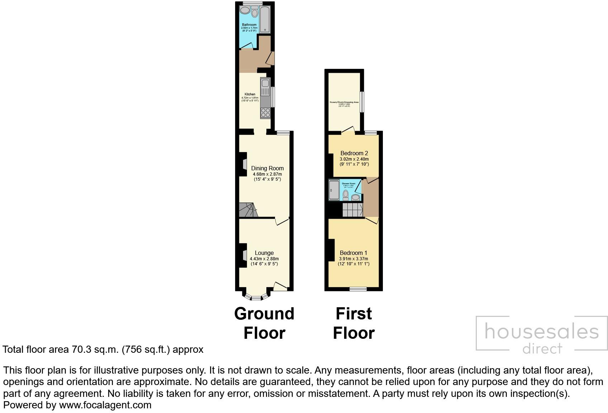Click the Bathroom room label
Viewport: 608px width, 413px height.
click(x=249, y=25)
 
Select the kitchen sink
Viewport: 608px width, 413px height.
click(x=265, y=86)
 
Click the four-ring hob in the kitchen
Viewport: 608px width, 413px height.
click(x=265, y=113)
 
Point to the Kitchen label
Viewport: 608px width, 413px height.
click(x=250, y=94)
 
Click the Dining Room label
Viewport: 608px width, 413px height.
click(x=267, y=168)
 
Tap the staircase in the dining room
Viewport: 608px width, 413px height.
click(x=247, y=210)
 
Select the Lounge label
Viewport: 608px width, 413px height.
click(x=264, y=253)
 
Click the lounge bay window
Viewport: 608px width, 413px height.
click(x=256, y=297)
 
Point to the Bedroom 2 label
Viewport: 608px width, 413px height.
click(x=354, y=153)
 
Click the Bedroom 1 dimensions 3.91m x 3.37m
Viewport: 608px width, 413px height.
click(x=353, y=258)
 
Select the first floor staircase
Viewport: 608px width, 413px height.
click(x=353, y=210)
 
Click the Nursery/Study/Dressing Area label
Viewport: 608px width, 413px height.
click(x=344, y=102)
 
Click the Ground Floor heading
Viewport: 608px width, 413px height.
click(x=264, y=323)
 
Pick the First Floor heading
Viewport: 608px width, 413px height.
click(x=354, y=323)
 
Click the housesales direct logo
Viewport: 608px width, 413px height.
click(x=541, y=333)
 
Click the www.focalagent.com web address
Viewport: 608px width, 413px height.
click(x=105, y=405)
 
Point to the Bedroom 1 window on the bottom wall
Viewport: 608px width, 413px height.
click(x=358, y=289)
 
